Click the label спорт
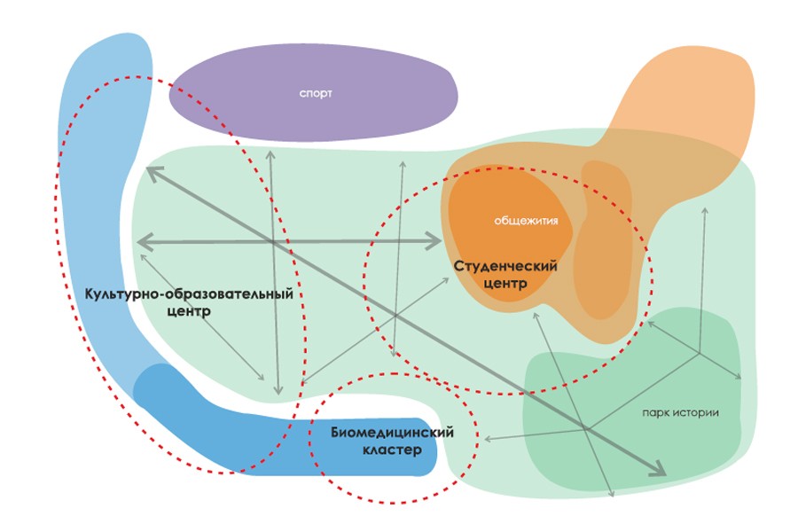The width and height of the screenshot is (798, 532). coord(316,93)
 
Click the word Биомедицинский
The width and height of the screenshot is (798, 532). coord(392,433)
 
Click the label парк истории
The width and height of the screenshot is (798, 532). coord(681,412)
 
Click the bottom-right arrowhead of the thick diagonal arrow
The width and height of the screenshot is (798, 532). coord(658,470)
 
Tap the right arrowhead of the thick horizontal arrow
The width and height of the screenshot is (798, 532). coord(435,240)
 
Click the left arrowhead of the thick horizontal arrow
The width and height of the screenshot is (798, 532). coord(143,241)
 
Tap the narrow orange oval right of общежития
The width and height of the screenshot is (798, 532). coord(603,239)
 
